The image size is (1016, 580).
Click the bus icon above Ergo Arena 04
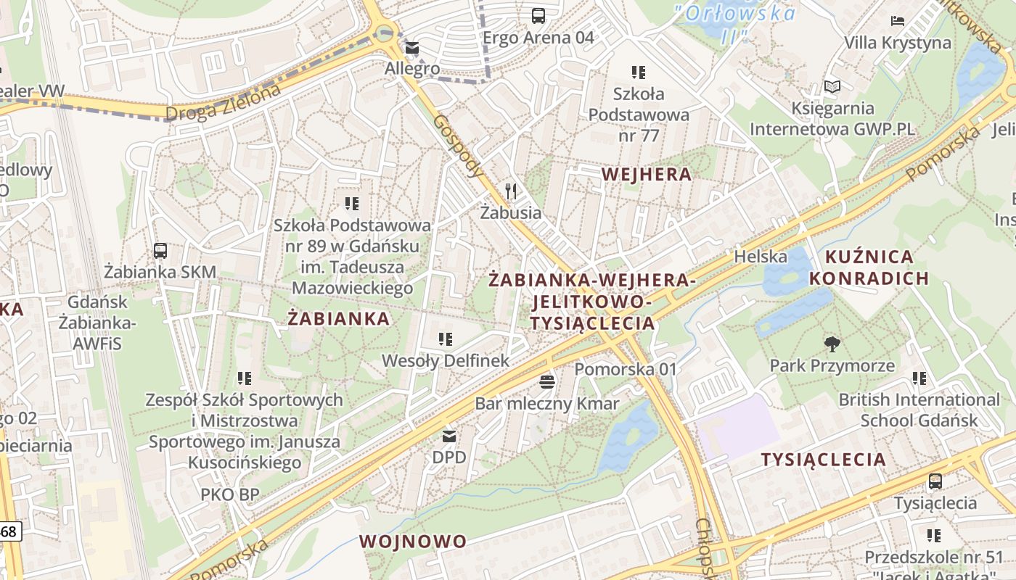(538, 16)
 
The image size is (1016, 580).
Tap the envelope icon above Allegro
(412, 48)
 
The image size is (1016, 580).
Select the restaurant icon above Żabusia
(511, 191)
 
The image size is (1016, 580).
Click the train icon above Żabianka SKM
(160, 251)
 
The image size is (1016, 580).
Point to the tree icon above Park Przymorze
(832, 344)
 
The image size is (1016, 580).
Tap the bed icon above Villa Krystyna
(898, 21)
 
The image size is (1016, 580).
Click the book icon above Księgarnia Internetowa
(832, 87)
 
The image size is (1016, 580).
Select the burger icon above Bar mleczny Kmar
(547, 381)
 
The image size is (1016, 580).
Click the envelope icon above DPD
(449, 436)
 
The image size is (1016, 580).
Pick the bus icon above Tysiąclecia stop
(935, 481)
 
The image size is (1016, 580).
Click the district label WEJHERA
(646, 174)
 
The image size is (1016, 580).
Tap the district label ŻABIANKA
(338, 319)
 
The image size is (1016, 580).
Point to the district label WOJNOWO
(412, 542)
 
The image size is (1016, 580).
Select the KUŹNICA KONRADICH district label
(869, 268)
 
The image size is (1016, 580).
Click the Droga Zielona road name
(222, 103)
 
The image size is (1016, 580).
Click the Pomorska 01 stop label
(625, 369)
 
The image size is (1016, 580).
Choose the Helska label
(760, 256)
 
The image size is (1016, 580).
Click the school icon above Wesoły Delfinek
(446, 339)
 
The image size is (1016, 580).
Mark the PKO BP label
(229, 494)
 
